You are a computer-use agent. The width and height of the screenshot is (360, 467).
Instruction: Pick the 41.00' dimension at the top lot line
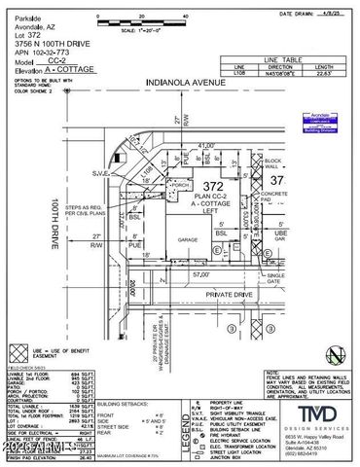coord(205,144)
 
